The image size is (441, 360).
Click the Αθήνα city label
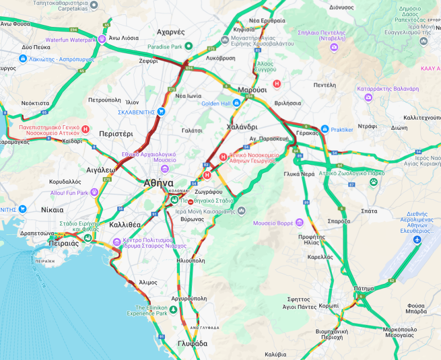tap(158, 183)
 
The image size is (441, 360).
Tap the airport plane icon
tap(417, 240)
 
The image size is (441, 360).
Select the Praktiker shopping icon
tap(325, 129)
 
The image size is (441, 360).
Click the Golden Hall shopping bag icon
tap(236, 104)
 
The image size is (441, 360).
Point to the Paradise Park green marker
tap(188, 47)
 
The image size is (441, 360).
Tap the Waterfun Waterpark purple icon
tap(102, 40)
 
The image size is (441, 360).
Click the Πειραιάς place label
tap(64, 243)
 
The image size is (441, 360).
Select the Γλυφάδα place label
tap(192, 343)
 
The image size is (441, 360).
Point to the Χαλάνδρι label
tap(242, 127)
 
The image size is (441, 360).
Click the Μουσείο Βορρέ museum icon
tap(300, 222)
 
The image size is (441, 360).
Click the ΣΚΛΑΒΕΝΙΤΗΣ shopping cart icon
tap(161, 112)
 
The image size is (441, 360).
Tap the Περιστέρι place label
tap(116, 134)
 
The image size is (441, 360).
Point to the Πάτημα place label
tap(363, 288)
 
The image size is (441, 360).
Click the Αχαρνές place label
tap(171, 32)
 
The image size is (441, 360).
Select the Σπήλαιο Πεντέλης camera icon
tap(334, 47)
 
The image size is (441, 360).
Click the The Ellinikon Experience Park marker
tap(173, 310)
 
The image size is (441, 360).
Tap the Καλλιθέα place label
tap(125, 225)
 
